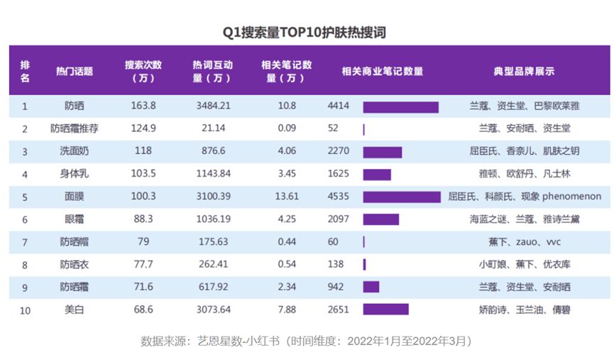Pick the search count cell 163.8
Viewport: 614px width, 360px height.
click(143, 107)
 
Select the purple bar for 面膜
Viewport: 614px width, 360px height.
click(401, 197)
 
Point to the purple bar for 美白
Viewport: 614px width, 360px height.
click(385, 310)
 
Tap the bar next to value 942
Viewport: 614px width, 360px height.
click(371, 287)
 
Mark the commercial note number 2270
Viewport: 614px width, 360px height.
click(338, 152)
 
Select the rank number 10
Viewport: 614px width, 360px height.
click(26, 310)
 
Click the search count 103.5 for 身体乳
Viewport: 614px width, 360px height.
click(143, 175)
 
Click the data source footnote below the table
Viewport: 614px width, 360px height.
click(306, 341)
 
